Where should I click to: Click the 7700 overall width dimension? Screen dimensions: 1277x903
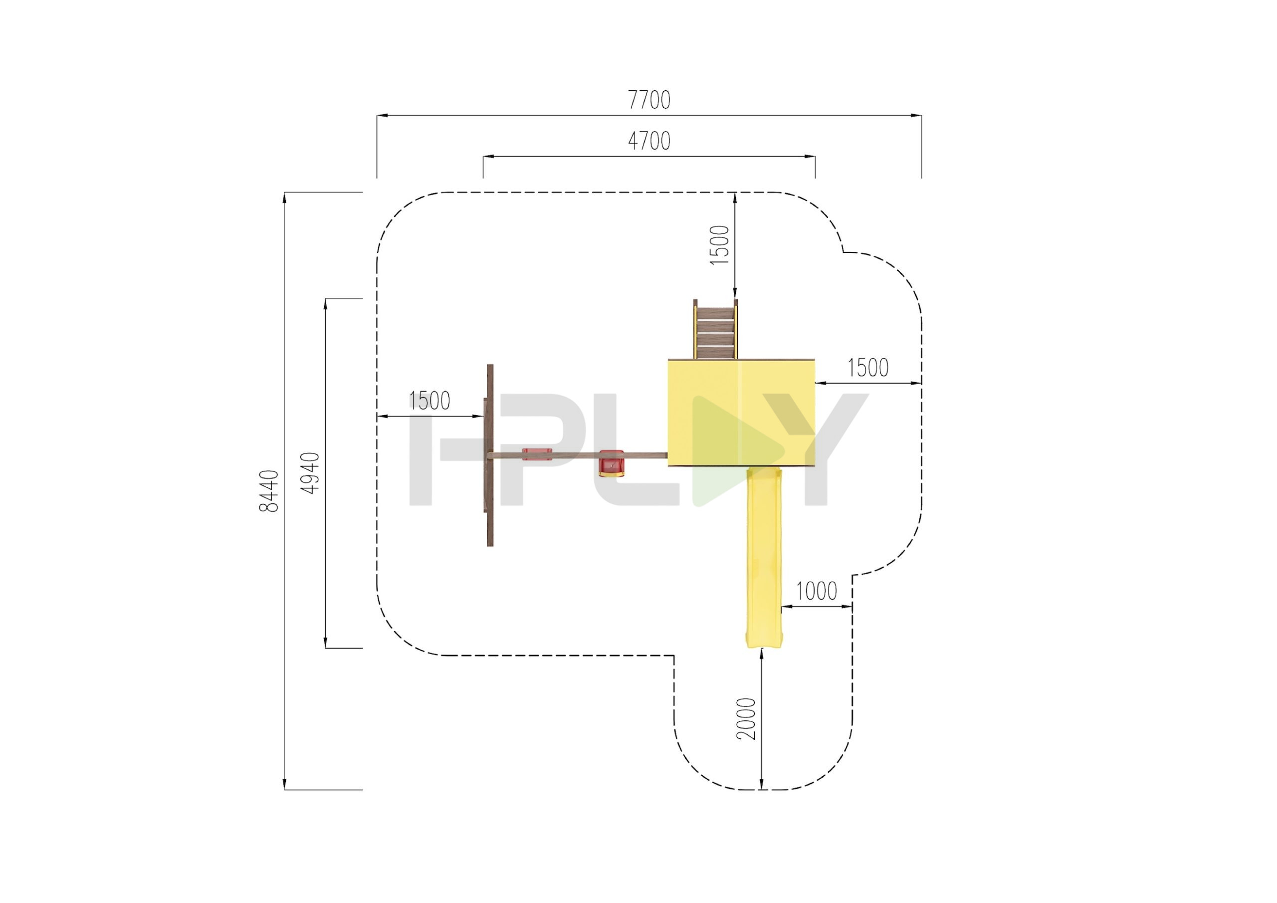[x=649, y=100]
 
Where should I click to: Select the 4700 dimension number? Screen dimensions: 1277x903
[x=649, y=141]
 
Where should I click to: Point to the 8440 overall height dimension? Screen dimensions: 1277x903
[x=269, y=491]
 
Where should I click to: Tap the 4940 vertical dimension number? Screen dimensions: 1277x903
[x=310, y=473]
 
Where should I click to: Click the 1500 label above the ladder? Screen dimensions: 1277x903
[x=719, y=245]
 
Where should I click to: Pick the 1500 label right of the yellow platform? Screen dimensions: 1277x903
[x=867, y=368]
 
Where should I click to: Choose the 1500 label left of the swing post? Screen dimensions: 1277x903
[x=429, y=401]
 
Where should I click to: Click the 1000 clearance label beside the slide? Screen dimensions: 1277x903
[x=817, y=591]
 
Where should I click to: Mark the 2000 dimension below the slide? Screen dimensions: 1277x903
[x=746, y=719]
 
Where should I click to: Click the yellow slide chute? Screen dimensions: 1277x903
[x=763, y=557]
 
